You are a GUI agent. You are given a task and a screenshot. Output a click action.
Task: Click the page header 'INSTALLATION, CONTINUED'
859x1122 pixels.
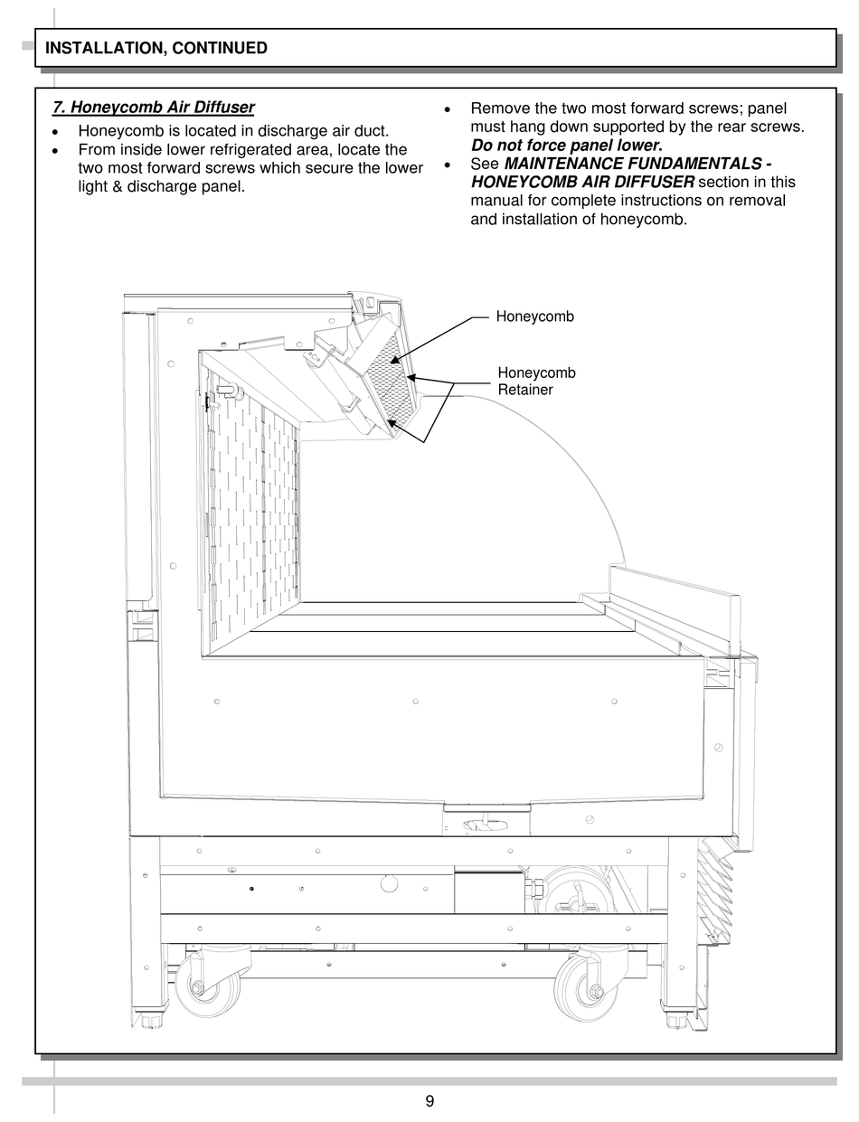pos(156,48)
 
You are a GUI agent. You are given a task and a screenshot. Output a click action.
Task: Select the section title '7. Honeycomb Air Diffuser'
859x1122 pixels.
pos(154,108)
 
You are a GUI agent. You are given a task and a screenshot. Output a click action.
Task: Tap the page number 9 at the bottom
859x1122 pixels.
pos(429,1100)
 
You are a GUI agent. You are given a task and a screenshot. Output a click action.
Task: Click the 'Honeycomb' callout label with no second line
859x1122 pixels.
pos(534,316)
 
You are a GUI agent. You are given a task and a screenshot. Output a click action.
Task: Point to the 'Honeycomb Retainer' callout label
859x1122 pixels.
pos(536,381)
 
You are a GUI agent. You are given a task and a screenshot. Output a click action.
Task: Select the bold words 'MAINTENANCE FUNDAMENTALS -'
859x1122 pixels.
pos(637,164)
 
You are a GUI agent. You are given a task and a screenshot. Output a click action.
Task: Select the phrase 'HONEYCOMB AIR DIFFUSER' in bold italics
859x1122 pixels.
pos(582,182)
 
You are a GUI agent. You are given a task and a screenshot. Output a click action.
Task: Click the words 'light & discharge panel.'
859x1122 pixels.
pos(161,186)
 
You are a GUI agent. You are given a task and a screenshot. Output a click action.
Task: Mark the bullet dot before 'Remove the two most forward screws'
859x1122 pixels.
pos(448,109)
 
